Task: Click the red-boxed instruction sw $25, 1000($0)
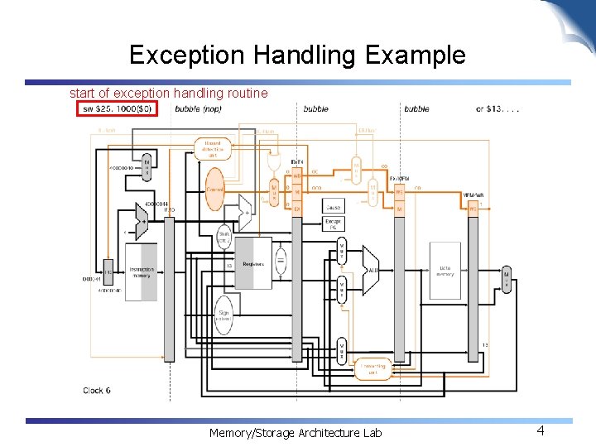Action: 117,109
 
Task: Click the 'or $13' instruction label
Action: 497,109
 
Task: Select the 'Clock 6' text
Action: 97,390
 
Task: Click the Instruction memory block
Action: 141,274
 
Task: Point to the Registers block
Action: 253,263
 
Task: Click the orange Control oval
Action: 215,189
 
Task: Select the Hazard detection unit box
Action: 212,148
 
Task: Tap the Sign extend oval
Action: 223,316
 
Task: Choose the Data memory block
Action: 445,271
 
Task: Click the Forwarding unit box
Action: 372,369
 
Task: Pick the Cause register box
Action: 334,208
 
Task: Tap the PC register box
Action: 108,272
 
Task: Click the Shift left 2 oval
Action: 224,238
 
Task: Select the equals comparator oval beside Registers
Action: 281,262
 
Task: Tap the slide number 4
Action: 540,430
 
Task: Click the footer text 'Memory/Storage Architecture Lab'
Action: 296,432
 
